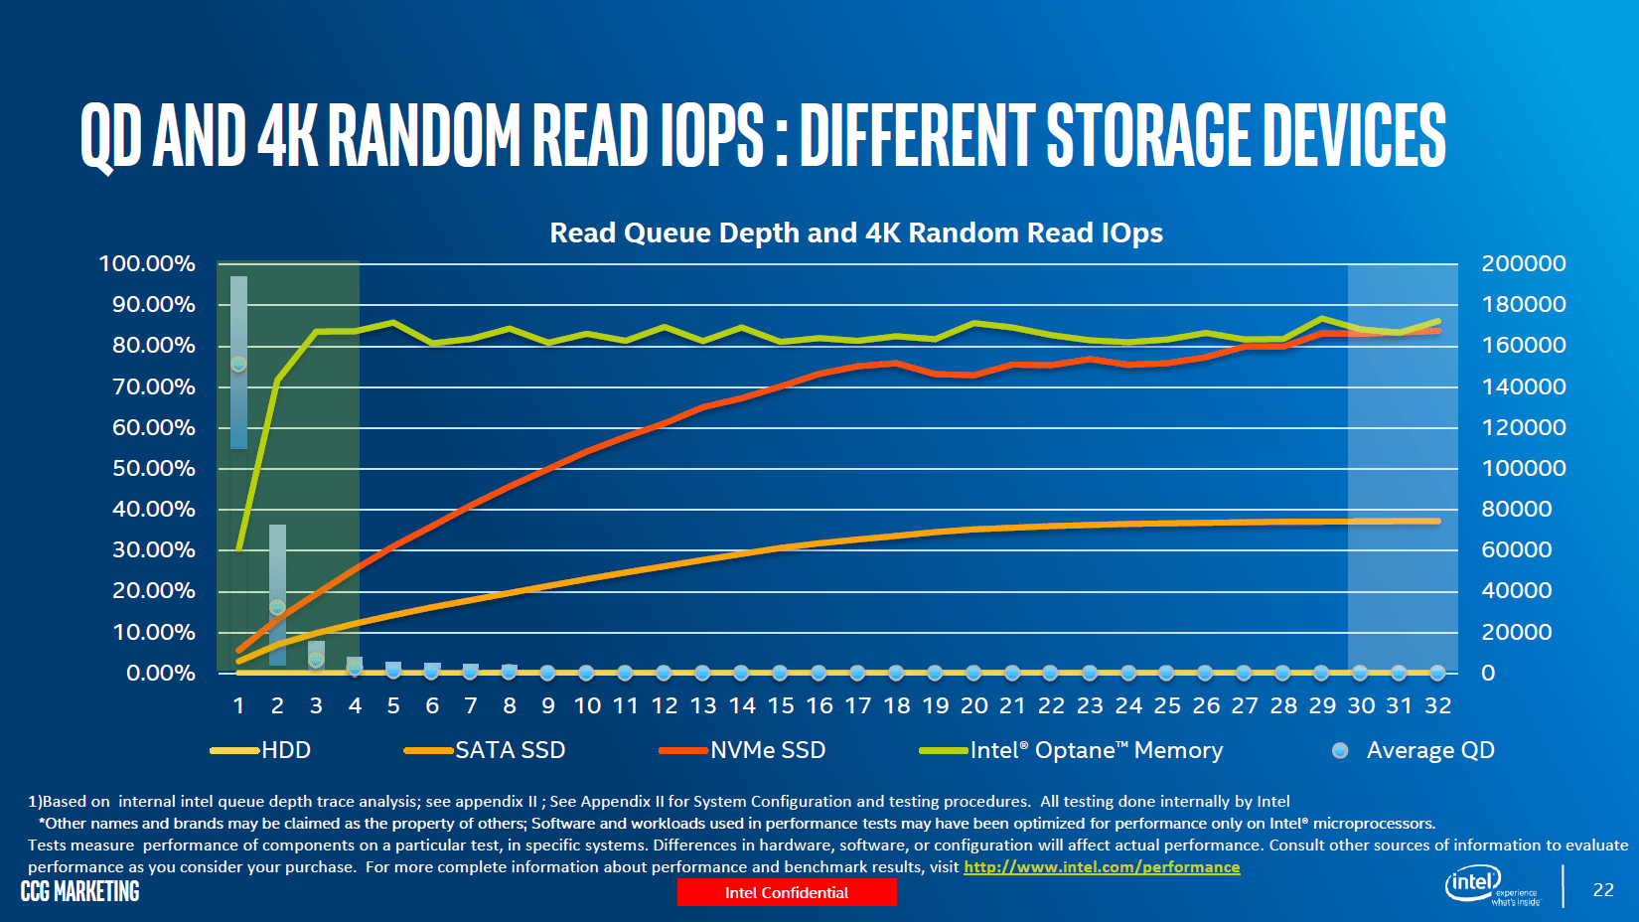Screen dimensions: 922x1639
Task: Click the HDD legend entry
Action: click(262, 750)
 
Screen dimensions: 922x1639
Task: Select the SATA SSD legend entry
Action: click(486, 750)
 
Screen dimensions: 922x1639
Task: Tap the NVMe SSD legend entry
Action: click(743, 750)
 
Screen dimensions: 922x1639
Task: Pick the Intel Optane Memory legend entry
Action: click(1072, 750)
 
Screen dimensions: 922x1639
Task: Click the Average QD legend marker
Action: click(1340, 750)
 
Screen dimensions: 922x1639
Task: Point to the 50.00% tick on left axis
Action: click(153, 468)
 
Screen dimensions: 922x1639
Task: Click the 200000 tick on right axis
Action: click(1523, 263)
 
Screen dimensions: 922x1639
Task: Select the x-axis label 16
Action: click(819, 705)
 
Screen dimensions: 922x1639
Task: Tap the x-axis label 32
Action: click(1437, 705)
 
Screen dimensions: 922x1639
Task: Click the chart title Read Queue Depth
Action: click(855, 232)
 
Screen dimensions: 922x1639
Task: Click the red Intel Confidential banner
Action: click(786, 892)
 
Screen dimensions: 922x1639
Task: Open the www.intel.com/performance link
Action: click(1102, 866)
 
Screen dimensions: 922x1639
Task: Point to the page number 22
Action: click(1603, 889)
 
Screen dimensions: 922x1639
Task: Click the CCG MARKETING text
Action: click(79, 891)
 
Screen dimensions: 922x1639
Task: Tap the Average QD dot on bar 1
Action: click(238, 365)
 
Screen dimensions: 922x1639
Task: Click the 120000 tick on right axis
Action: click(1523, 427)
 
